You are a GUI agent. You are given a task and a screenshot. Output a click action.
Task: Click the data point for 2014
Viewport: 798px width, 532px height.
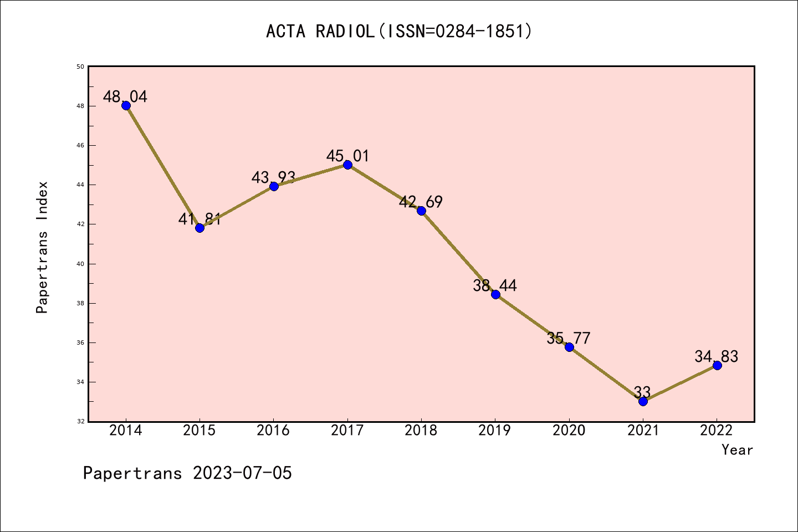coord(126,106)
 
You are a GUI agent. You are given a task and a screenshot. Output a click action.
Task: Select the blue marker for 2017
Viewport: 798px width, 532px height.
coord(347,165)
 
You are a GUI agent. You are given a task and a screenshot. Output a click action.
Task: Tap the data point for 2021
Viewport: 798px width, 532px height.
coord(643,401)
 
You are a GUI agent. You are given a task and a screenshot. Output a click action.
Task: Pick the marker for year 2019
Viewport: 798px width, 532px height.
coord(495,294)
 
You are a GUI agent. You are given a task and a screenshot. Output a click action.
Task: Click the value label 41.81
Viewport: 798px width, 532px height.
coord(199,219)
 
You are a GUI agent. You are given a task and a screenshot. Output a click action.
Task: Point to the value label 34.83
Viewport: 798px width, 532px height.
coord(717,357)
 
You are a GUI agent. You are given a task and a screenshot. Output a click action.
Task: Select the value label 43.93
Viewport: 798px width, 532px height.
coord(273,178)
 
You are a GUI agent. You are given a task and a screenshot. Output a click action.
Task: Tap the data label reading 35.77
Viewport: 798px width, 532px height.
coord(569,339)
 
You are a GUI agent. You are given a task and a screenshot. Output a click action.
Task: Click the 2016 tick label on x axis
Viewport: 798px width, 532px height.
coord(273,431)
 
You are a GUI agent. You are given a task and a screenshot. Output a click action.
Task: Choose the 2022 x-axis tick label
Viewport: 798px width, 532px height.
coord(717,431)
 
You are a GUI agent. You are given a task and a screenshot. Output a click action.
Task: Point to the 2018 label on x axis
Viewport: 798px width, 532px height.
coord(421,431)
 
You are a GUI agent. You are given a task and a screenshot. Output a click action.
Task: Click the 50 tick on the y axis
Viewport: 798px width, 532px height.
coord(80,66)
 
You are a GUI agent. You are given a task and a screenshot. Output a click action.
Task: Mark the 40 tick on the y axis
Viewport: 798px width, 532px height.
coord(80,264)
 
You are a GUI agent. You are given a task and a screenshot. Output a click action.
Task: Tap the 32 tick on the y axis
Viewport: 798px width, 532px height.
coord(80,422)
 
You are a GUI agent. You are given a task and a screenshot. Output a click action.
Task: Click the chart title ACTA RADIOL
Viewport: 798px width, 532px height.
coord(399,32)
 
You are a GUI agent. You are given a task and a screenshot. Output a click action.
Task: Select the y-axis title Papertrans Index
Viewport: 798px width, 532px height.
coord(43,247)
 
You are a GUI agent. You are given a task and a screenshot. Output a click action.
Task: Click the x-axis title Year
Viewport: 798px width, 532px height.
coord(737,450)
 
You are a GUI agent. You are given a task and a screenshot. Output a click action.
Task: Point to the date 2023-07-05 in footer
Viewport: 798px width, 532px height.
coord(242,473)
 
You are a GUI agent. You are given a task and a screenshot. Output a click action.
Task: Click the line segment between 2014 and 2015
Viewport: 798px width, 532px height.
coord(163,167)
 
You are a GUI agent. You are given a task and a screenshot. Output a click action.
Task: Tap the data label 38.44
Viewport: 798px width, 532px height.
coord(495,286)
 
